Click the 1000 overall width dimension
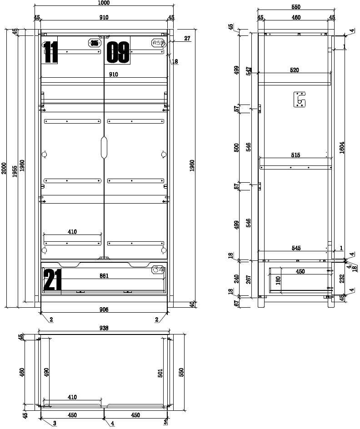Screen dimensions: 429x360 104,3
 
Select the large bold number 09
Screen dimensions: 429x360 118,52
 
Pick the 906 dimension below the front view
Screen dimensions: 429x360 104,309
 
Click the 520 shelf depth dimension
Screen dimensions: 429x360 295,70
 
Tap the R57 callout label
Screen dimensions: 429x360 158,43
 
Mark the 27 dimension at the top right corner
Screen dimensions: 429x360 187,39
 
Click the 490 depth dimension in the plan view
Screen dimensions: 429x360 46,372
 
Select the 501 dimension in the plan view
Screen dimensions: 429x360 160,373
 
